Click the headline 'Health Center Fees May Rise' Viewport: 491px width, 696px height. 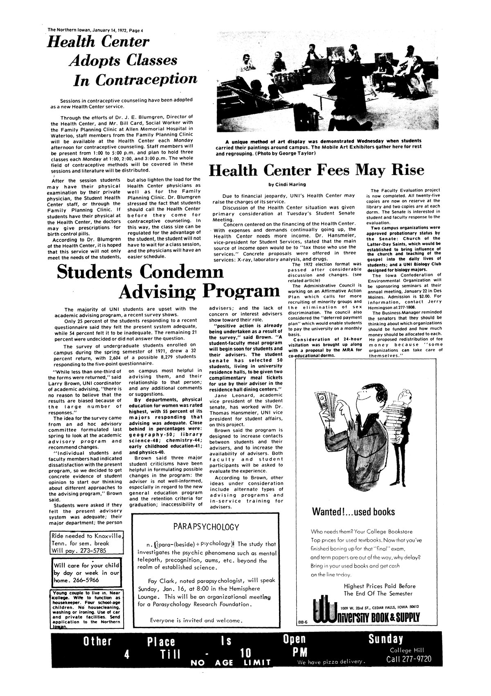316,170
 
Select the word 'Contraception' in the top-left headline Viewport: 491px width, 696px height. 135,79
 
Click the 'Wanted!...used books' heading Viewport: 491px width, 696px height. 354,512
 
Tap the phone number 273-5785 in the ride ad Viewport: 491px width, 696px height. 101,550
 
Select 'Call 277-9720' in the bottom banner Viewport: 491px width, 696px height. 409,660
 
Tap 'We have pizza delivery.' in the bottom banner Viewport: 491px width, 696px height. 330,662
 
